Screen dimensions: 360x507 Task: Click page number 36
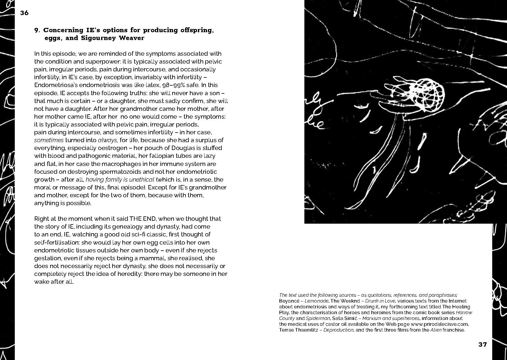24,13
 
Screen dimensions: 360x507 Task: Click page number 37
483,344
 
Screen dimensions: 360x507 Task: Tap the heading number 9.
37,30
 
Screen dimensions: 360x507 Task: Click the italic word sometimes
49,140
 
